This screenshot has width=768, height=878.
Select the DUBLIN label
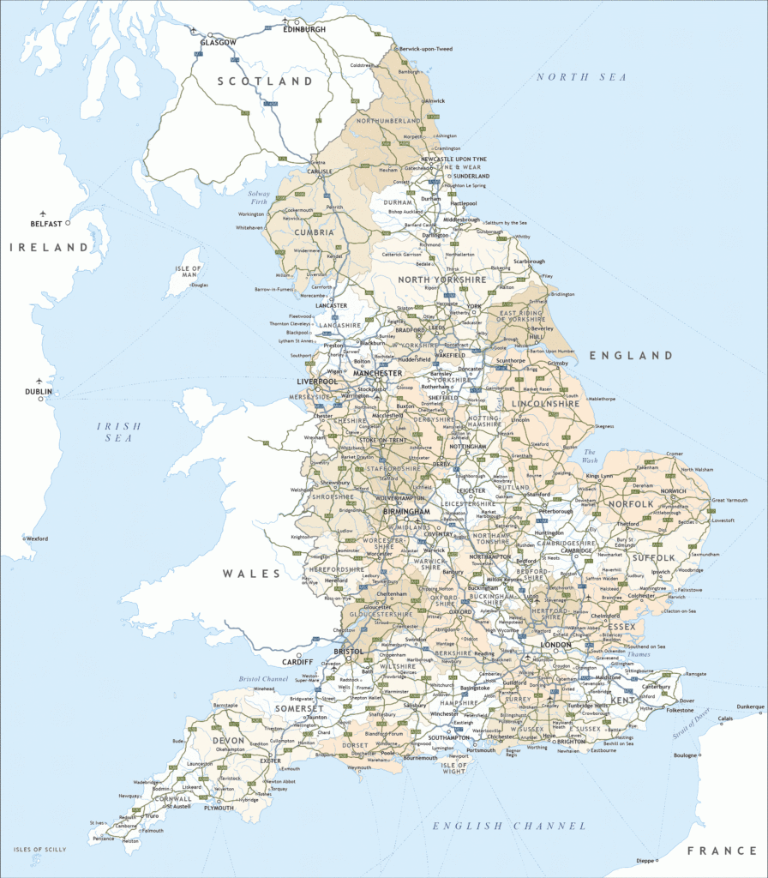39,392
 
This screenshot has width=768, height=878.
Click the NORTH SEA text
581,77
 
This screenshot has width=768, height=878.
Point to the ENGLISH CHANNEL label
509,826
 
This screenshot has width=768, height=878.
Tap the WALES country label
252,573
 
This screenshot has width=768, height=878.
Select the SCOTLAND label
265,81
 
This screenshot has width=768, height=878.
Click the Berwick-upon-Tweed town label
426,49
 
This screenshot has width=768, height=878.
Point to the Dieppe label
645,860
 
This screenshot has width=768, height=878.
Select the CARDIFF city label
297,661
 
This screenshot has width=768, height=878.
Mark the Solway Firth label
260,198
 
